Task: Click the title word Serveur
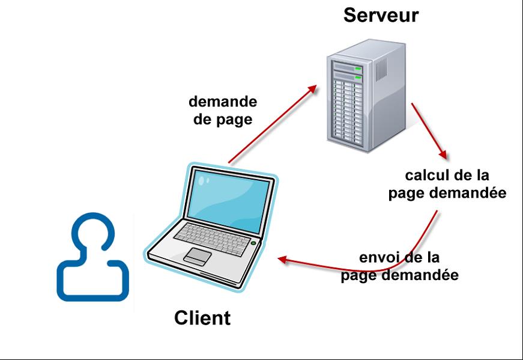[381, 15]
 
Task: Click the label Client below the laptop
[202, 317]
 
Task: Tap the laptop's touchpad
[198, 255]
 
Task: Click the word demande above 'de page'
[222, 102]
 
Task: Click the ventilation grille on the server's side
[382, 70]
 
